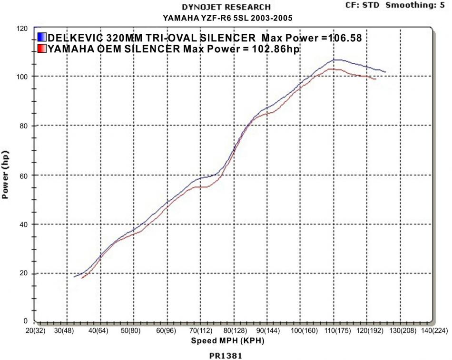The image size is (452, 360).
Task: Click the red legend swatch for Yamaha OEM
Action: point(42,49)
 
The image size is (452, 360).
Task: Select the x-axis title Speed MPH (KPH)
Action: point(227,341)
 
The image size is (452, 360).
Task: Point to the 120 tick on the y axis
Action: point(22,28)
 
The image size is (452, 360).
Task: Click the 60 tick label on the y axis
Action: point(23,175)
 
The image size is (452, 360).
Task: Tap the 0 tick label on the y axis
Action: point(25,322)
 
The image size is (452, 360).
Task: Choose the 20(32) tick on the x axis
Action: point(35,331)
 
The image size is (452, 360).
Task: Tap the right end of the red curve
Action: point(376,79)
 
